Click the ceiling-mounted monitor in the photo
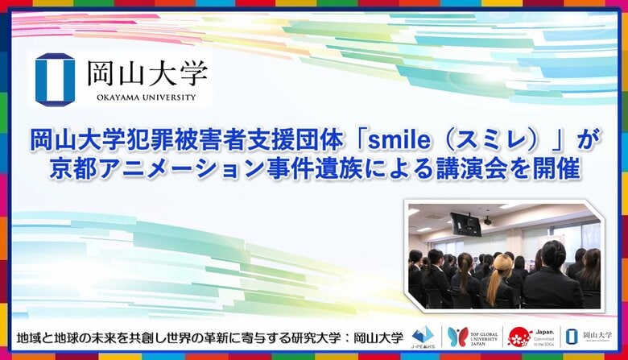click(x=465, y=223)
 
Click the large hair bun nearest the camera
click(x=550, y=255)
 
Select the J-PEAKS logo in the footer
click(x=423, y=337)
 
